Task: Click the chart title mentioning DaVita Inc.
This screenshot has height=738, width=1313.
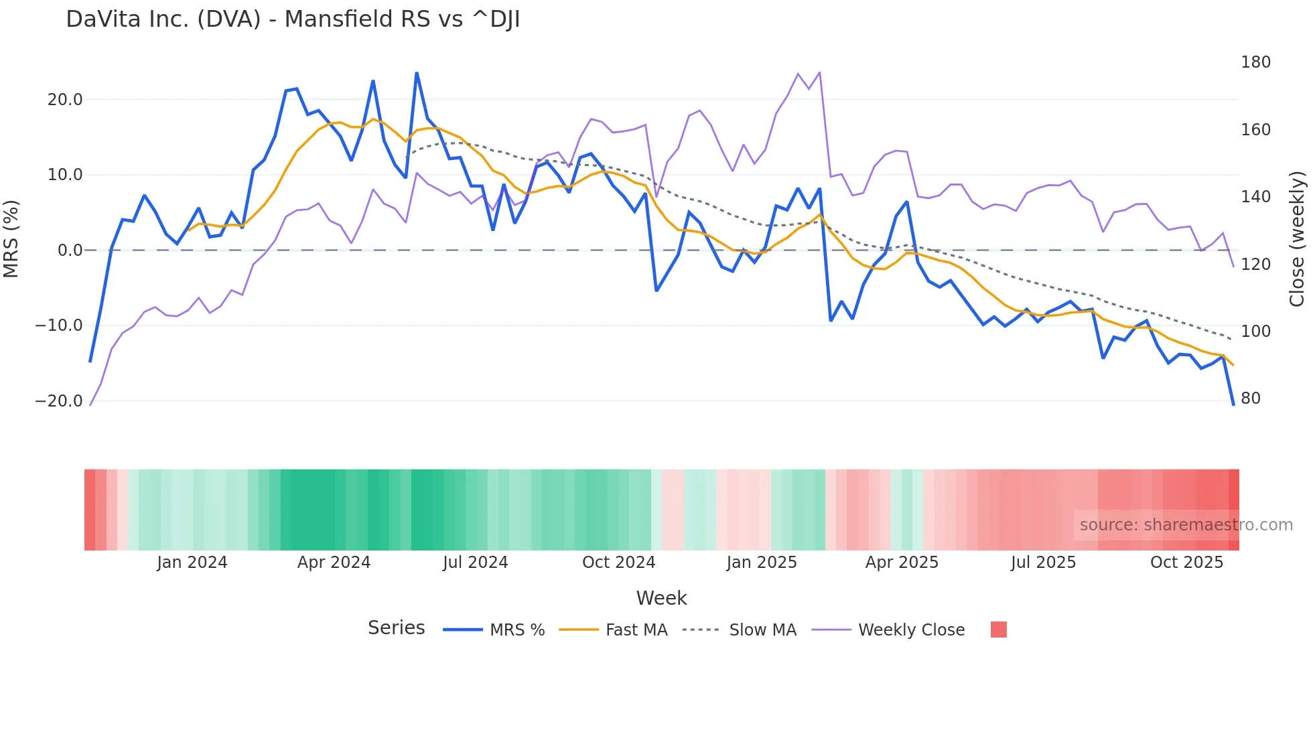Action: [293, 19]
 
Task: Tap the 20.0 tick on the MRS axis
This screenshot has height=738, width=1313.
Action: [65, 100]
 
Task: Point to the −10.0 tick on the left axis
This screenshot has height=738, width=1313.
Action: [59, 325]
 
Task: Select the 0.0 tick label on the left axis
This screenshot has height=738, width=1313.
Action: [70, 250]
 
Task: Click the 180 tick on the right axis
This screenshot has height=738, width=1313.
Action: [1255, 62]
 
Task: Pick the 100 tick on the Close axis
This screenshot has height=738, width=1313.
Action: [1255, 331]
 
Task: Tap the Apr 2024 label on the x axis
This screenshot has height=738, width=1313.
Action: [334, 563]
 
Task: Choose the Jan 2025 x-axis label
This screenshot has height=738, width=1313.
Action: [762, 563]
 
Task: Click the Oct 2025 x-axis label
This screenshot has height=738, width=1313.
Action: [1186, 563]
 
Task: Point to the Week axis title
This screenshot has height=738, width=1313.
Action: [661, 598]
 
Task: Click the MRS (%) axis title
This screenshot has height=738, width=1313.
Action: [11, 238]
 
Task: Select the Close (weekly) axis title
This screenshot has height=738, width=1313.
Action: [1297, 239]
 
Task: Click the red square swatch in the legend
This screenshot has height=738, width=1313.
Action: [998, 630]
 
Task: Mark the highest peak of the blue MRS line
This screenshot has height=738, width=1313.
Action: [417, 73]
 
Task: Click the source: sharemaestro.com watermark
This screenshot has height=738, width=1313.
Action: [1186, 525]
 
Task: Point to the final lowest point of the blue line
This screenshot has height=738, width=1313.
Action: [1233, 404]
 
